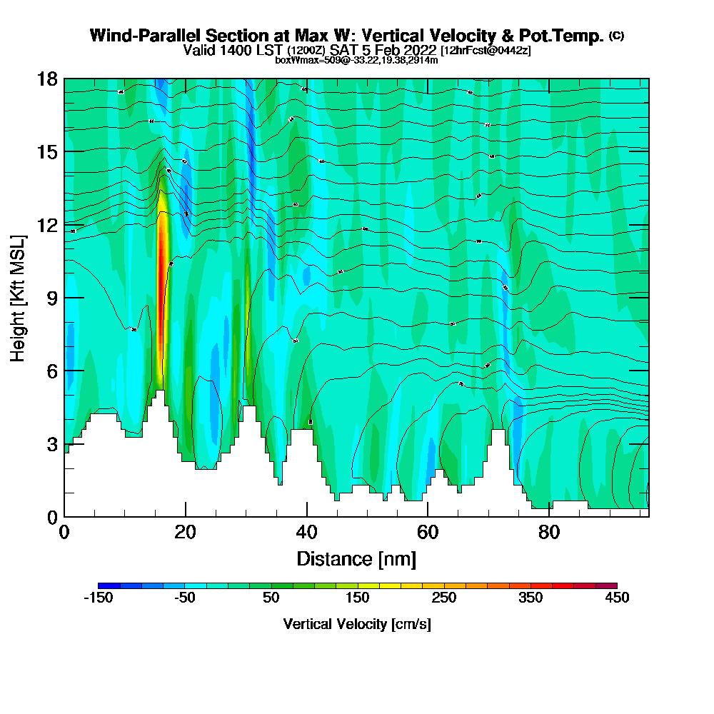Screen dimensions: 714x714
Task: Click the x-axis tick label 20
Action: (186, 532)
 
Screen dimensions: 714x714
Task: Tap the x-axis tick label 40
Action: (307, 532)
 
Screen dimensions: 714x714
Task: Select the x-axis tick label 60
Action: (428, 532)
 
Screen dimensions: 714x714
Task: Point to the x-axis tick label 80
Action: (549, 532)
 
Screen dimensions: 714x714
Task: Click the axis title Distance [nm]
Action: (356, 558)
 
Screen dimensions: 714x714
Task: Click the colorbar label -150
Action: (99, 598)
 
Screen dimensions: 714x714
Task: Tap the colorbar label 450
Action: (616, 598)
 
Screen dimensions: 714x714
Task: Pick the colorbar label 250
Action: (443, 598)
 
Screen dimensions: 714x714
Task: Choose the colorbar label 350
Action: (530, 598)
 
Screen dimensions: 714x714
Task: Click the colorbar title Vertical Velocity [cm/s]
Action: (356, 625)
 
